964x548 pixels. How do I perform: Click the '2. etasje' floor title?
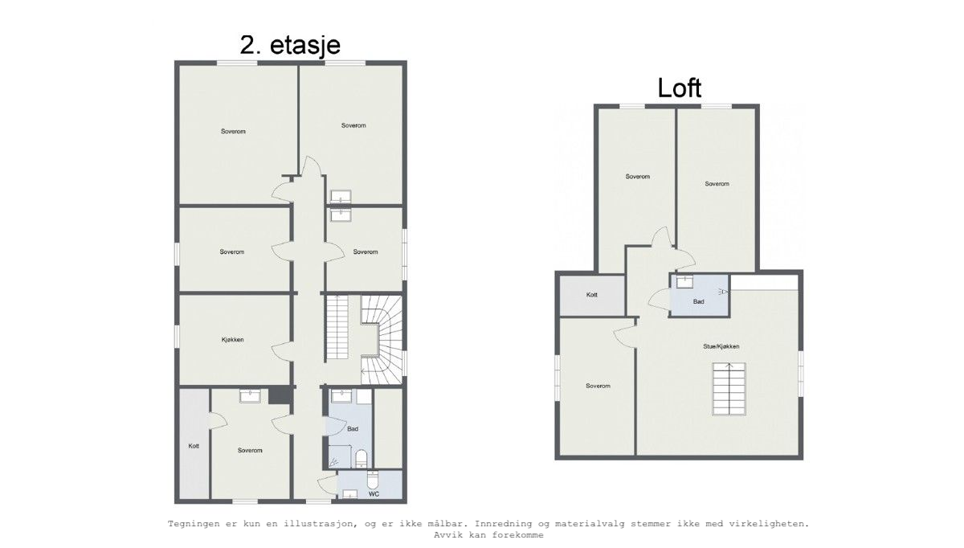coord(295,45)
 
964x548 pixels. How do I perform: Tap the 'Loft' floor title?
coord(680,87)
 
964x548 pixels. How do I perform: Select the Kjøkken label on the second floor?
coord(232,340)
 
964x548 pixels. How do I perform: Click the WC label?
coord(374,494)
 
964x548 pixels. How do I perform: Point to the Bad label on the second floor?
coord(352,430)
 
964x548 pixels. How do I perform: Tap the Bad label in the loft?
coord(699,301)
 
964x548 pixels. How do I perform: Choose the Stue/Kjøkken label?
coord(721,346)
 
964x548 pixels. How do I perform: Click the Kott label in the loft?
coord(592,295)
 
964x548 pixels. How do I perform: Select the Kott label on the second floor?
coord(194,446)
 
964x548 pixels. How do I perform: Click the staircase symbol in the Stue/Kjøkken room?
coord(729,389)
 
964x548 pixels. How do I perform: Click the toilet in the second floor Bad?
coord(361,459)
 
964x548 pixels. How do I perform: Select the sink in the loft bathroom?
coord(684,281)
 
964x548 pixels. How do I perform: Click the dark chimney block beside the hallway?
coord(280,395)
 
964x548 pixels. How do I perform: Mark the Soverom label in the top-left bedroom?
coord(233,131)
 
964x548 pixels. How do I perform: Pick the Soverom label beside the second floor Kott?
coord(250,450)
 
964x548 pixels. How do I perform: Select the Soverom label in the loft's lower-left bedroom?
coord(598,386)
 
